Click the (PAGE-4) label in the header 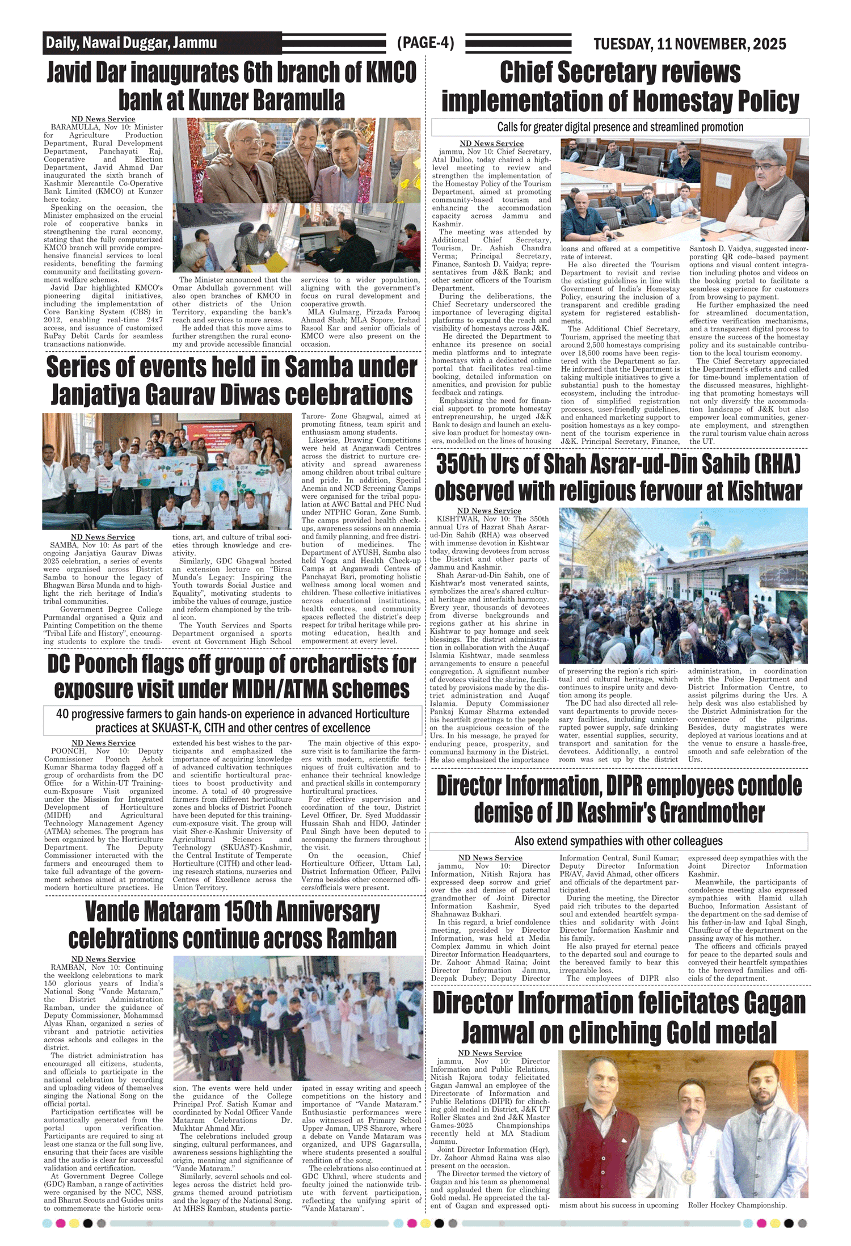click(425, 43)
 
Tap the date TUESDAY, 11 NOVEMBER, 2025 click(689, 44)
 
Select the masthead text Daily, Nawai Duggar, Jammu click(132, 43)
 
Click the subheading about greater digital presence click(620, 127)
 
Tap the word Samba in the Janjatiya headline click(315, 368)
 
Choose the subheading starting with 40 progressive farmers click(233, 721)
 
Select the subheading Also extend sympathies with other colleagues click(618, 841)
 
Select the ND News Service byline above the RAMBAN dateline click(103, 959)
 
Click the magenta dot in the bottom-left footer click(61, 1223)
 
